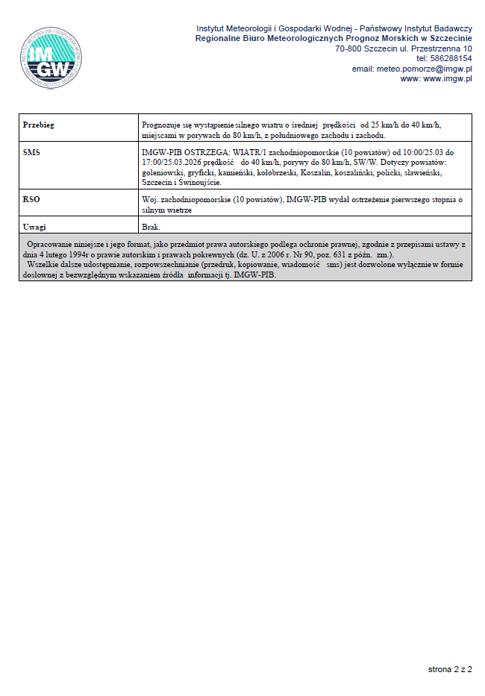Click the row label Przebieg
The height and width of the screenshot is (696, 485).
click(39, 125)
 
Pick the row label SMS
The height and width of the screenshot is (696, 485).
click(31, 152)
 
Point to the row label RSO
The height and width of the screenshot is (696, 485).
click(31, 200)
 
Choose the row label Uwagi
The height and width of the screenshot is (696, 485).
click(35, 226)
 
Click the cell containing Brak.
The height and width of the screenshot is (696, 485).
click(151, 226)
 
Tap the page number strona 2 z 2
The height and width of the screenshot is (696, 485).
click(450, 669)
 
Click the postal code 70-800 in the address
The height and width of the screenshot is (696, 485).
click(348, 48)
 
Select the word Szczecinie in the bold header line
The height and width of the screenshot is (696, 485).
click(445, 38)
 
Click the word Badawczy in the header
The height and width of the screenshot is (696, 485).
click(452, 28)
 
